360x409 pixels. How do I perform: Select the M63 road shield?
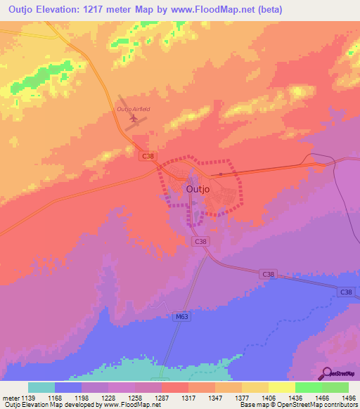click(x=181, y=317)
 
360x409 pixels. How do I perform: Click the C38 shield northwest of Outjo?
click(x=147, y=157)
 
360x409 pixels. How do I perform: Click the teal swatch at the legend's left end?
click(x=41, y=387)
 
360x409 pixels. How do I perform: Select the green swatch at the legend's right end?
click(x=335, y=387)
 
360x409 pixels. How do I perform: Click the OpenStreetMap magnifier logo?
click(x=327, y=373)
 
